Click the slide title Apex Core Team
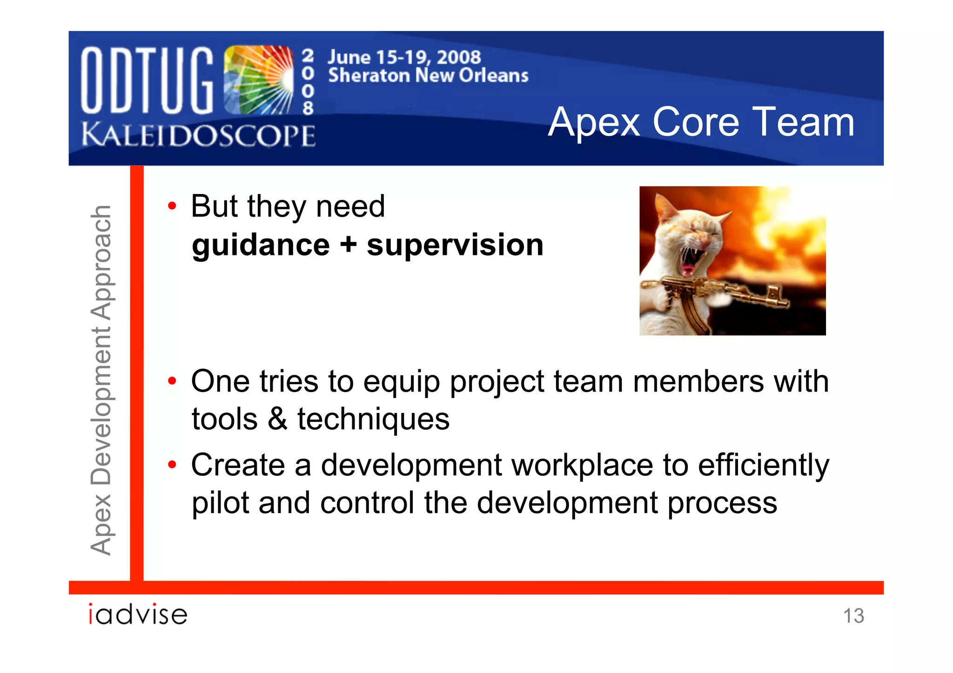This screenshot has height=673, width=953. coord(701,122)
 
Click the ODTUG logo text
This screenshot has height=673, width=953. coord(147,80)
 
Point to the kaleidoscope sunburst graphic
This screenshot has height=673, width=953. coord(259,80)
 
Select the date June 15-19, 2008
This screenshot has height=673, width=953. coord(404,57)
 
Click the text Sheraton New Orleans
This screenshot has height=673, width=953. coord(428,75)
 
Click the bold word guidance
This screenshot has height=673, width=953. coord(261,245)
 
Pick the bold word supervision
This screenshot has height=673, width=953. coord(455,245)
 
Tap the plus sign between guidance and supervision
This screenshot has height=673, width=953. coord(348,245)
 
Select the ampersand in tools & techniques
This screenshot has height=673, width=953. coord(277,419)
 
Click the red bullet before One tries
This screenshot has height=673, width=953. coord(172,381)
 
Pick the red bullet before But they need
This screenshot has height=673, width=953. coord(172,206)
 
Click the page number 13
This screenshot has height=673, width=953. coord(853,616)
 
